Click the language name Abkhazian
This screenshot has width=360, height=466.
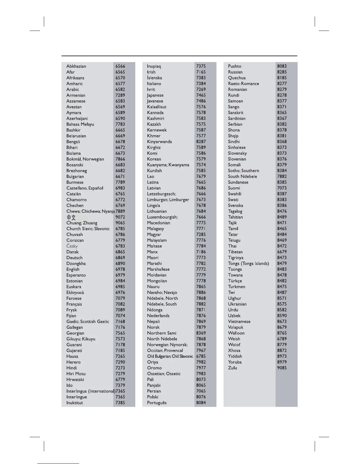click(x=76, y=66)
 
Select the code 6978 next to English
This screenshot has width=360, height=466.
click(x=120, y=269)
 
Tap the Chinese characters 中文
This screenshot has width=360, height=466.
click(x=71, y=217)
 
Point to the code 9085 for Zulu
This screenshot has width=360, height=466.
click(x=282, y=368)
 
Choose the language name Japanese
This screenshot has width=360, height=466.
click(x=155, y=95)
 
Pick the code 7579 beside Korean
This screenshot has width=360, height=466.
click(x=201, y=159)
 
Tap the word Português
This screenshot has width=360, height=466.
click(x=157, y=403)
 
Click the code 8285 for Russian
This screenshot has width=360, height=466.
click(x=282, y=72)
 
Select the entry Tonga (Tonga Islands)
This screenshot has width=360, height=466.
click(x=249, y=264)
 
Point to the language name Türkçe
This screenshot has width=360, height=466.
click(x=235, y=281)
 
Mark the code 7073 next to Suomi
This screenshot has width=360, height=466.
click(x=282, y=188)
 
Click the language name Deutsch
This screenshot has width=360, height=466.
click(x=74, y=258)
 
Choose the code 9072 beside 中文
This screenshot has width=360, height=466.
click(x=120, y=217)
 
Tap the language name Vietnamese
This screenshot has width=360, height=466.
click(x=239, y=322)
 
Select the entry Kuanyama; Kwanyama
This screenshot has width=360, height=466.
click(x=168, y=165)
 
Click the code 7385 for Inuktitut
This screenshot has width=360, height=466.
click(x=120, y=403)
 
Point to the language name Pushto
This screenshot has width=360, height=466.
click(x=234, y=66)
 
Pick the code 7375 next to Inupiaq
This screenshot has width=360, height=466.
click(x=201, y=66)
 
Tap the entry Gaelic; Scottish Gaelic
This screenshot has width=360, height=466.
click(x=88, y=322)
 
